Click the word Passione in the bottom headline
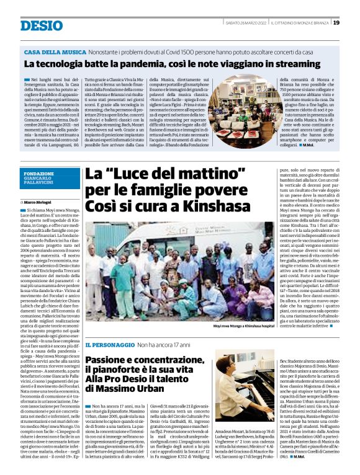tap(107, 360)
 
